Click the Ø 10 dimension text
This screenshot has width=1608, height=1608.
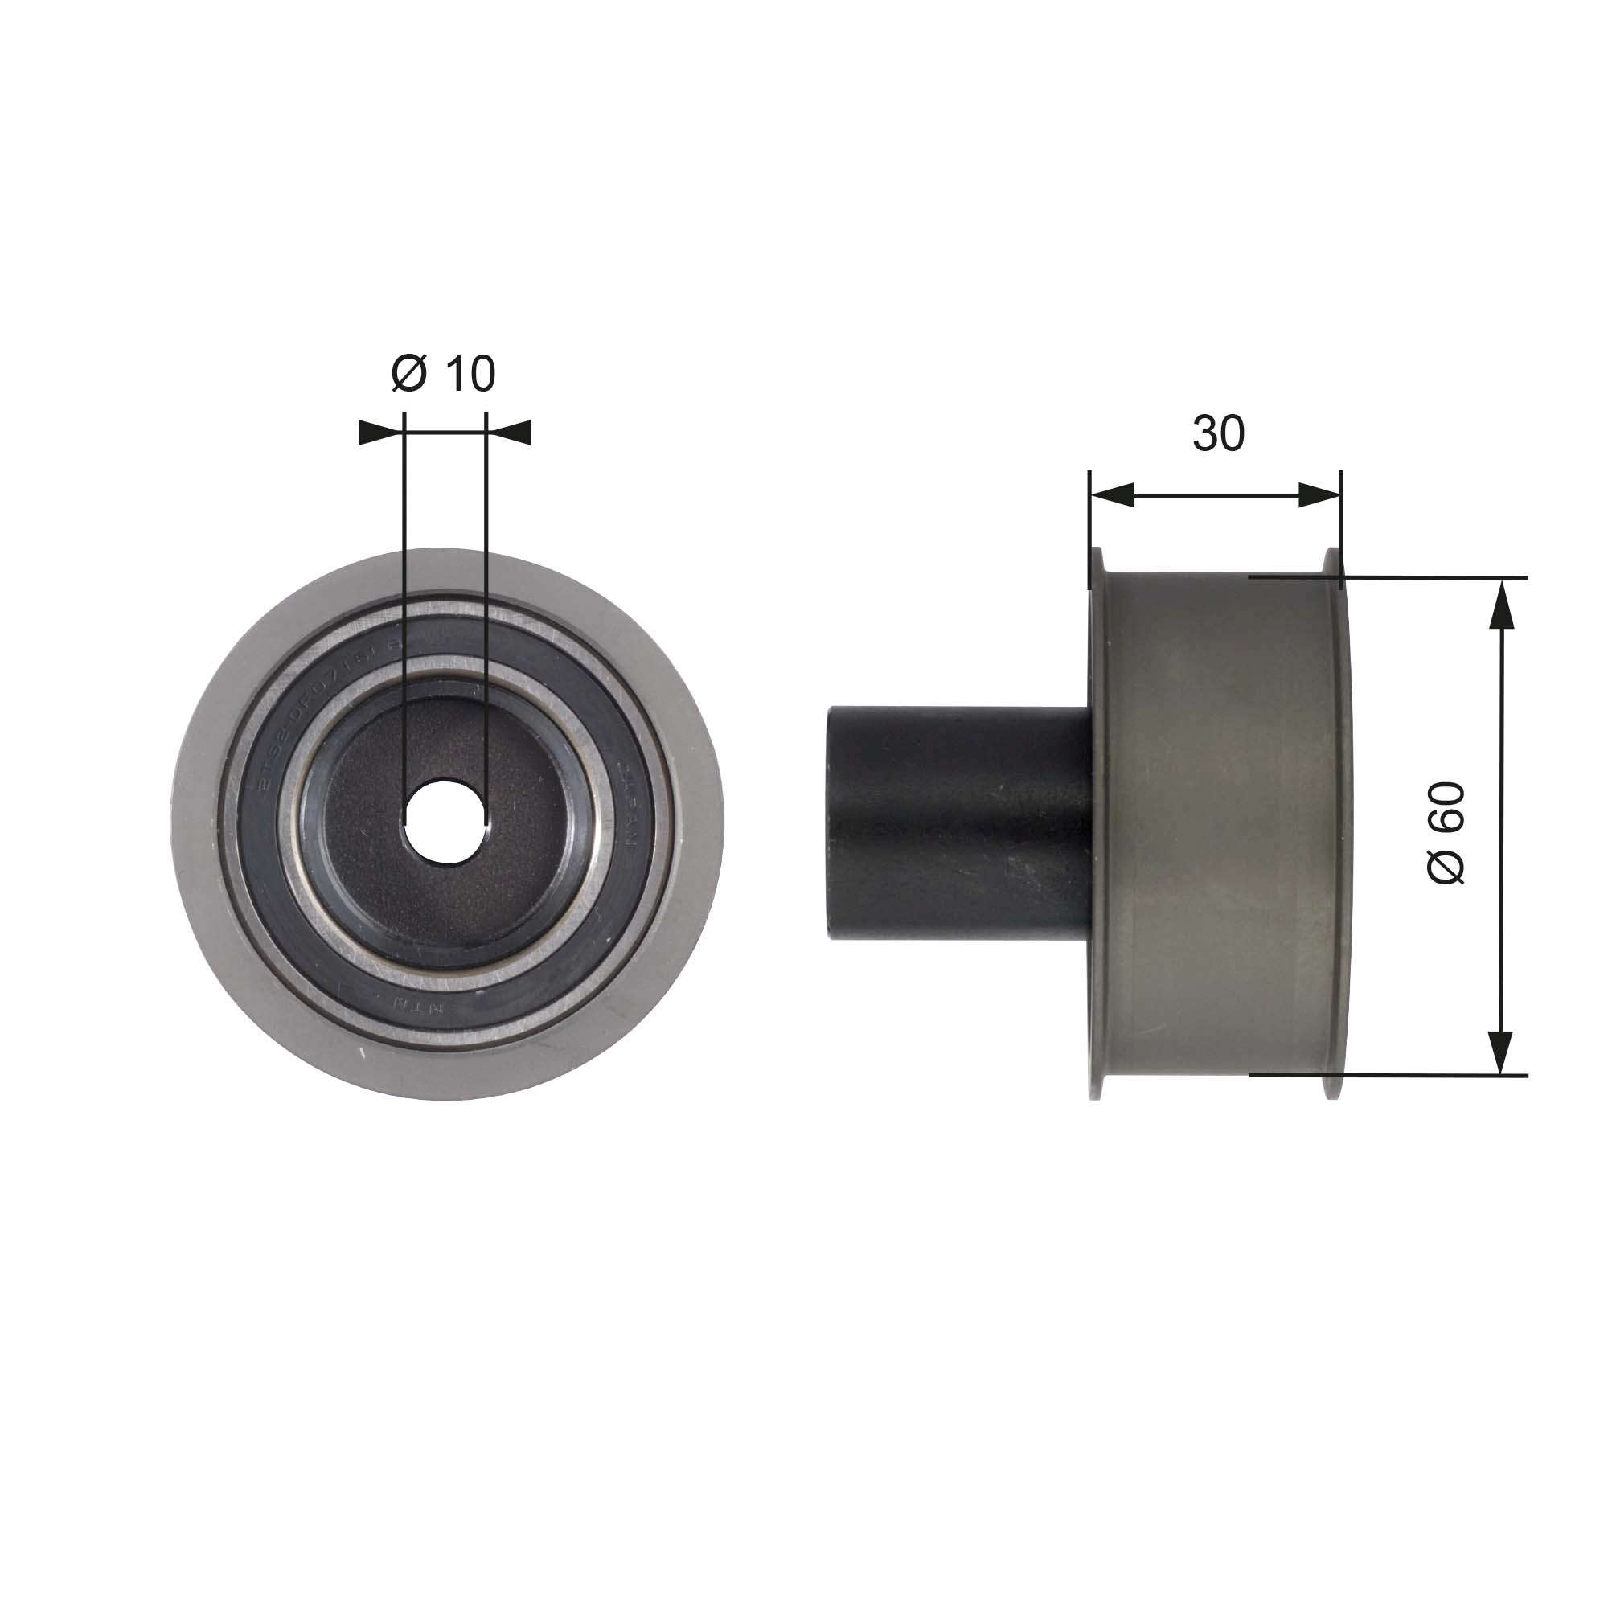(x=444, y=374)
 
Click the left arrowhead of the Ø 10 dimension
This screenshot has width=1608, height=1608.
(x=379, y=433)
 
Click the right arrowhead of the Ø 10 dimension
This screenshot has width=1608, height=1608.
(x=510, y=433)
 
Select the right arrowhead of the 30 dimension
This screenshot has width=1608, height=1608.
(x=1319, y=497)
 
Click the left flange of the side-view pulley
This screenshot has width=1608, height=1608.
(x=1096, y=824)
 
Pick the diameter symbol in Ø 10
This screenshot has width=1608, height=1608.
(x=408, y=374)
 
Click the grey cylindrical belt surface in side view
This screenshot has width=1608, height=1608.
(x=1215, y=824)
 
